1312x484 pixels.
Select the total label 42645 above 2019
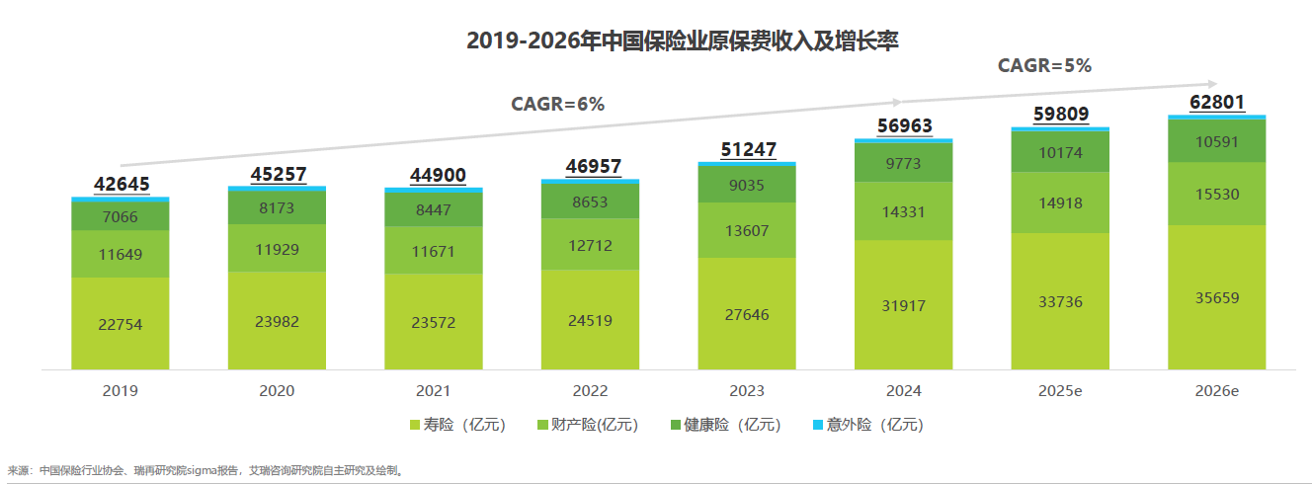[x=120, y=185]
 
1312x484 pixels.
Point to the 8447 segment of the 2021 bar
[x=434, y=208]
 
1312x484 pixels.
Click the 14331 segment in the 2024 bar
[x=904, y=210]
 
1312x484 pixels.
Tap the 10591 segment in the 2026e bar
[x=1217, y=140]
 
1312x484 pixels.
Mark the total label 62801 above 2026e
[x=1217, y=103]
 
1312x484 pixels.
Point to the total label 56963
[x=904, y=125]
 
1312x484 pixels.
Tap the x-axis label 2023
[x=747, y=391]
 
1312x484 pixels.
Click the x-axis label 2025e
[x=1060, y=391]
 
